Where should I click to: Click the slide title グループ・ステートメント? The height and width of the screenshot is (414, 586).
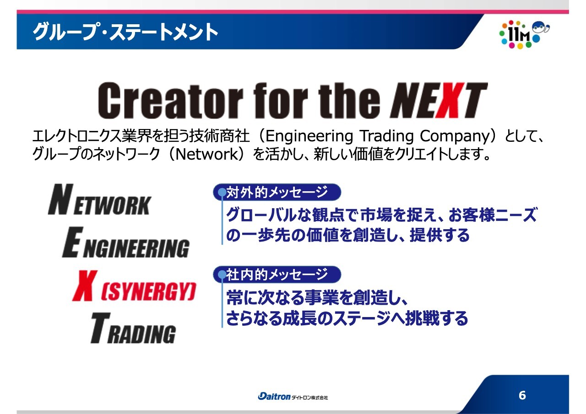(125, 32)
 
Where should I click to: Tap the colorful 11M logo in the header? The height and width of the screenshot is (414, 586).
(524, 34)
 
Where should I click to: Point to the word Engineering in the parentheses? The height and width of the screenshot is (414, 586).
(309, 136)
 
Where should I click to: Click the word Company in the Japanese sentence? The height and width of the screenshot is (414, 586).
(454, 136)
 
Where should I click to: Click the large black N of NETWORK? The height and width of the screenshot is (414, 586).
(61, 199)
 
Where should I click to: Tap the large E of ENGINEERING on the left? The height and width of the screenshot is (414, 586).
(73, 242)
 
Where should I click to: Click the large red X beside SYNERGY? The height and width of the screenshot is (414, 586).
(85, 285)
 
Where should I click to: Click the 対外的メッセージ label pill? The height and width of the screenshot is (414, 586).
(277, 192)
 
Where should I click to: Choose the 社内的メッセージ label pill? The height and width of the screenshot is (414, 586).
(277, 274)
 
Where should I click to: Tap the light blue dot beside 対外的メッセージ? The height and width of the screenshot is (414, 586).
(222, 192)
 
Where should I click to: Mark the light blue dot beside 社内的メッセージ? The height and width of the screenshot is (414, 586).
(222, 274)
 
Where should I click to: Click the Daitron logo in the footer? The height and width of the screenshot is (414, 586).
(293, 396)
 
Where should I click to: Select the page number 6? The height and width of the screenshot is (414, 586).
(522, 395)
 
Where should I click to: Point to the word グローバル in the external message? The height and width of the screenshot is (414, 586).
(261, 215)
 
